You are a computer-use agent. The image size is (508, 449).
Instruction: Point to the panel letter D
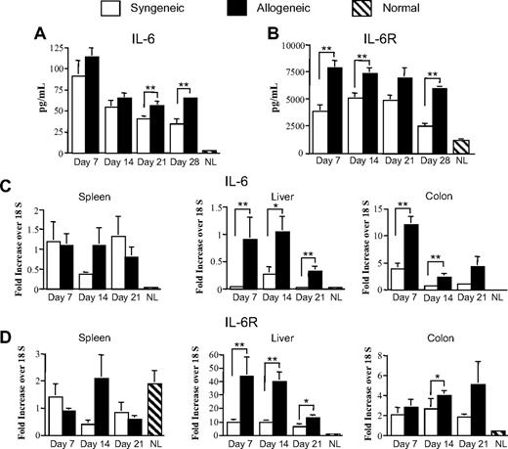(8, 314)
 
